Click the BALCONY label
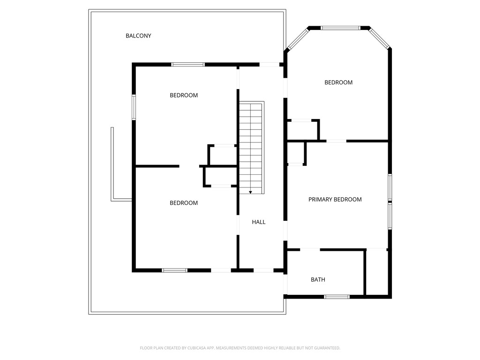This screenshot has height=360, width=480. [x=138, y=36]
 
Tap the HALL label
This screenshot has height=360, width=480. [x=259, y=222]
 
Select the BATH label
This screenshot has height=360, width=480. [x=318, y=280]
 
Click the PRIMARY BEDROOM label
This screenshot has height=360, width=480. [x=335, y=199]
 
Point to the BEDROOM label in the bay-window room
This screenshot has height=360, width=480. [x=338, y=82]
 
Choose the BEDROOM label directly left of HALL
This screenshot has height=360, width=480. [x=184, y=203]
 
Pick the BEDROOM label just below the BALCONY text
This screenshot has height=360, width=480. [x=184, y=95]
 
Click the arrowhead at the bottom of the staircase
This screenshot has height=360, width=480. [x=251, y=192]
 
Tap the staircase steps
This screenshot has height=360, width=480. [x=251, y=145]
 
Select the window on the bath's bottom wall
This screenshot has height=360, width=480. [x=337, y=297]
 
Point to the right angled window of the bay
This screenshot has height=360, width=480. [x=379, y=38]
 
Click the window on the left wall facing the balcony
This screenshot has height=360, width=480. [x=134, y=107]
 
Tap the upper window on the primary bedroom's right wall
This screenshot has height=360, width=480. [x=390, y=187]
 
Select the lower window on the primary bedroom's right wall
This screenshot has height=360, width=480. [x=390, y=216]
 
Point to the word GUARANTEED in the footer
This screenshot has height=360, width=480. [x=326, y=348]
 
